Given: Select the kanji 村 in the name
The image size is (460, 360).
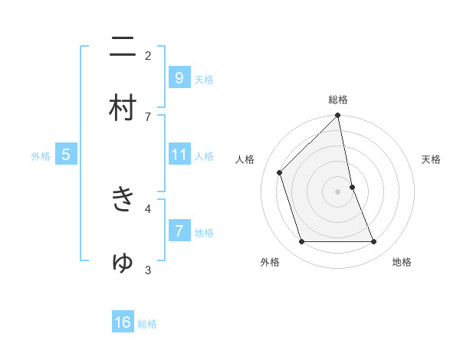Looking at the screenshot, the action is tap(123, 109).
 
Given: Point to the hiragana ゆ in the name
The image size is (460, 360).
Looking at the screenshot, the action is tap(123, 262).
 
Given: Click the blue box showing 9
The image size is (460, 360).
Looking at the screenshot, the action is tap(179, 77).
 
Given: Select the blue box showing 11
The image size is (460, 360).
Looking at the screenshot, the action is tap(179, 154).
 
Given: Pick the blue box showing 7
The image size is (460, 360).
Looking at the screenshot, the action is tap(179, 231).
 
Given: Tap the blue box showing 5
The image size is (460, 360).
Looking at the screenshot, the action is tap(66, 155).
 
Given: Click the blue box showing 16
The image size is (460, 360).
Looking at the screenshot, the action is tap(123, 322).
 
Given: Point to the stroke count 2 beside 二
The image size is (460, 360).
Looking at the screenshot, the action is tap(148, 55).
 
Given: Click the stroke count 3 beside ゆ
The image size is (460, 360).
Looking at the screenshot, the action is tap(148, 270).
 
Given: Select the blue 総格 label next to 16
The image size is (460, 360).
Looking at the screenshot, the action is tap(147, 324).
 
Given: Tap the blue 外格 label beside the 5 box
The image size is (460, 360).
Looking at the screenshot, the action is tap(41, 156).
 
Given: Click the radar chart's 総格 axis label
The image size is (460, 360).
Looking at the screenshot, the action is tap(338, 100).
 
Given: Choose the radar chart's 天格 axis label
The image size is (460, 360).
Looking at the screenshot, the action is tap(432, 159).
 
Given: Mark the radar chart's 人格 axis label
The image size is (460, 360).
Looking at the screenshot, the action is tap(245, 159).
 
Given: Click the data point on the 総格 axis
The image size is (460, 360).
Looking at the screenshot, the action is tap(338, 116).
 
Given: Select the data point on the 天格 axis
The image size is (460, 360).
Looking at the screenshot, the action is tap(352, 187).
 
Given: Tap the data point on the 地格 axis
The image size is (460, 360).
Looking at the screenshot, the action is tap(374, 242).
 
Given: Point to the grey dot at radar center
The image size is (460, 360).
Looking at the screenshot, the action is tap(338, 191).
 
